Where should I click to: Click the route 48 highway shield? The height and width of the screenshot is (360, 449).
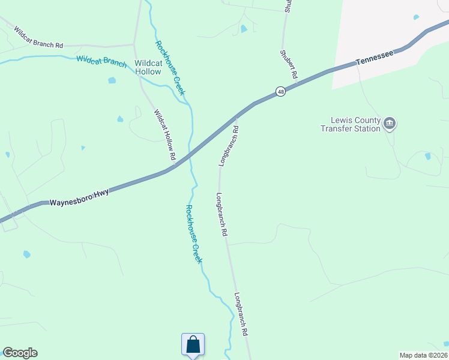pos(280,91)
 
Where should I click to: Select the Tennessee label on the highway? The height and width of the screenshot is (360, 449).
pos(374,58)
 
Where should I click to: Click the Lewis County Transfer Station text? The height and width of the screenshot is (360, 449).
pos(351,124)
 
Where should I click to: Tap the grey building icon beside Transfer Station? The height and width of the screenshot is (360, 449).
pos(390,124)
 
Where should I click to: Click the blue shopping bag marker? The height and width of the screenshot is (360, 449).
pos(193,346)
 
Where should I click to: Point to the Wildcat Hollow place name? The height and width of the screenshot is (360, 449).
pos(148,67)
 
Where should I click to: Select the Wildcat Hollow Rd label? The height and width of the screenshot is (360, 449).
pos(164,134)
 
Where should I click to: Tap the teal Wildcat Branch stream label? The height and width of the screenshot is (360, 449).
pos(101,61)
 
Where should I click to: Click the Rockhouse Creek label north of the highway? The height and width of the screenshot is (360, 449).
pos(170,68)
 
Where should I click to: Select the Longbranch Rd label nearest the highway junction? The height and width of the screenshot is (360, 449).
pos(229,146)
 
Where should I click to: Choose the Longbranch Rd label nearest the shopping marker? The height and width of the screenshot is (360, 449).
pos(241,314)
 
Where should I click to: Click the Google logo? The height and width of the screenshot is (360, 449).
pos(20,353)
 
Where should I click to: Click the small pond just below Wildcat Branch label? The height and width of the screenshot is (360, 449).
pos(112,80)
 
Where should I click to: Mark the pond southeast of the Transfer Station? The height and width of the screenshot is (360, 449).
pos(427,156)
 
